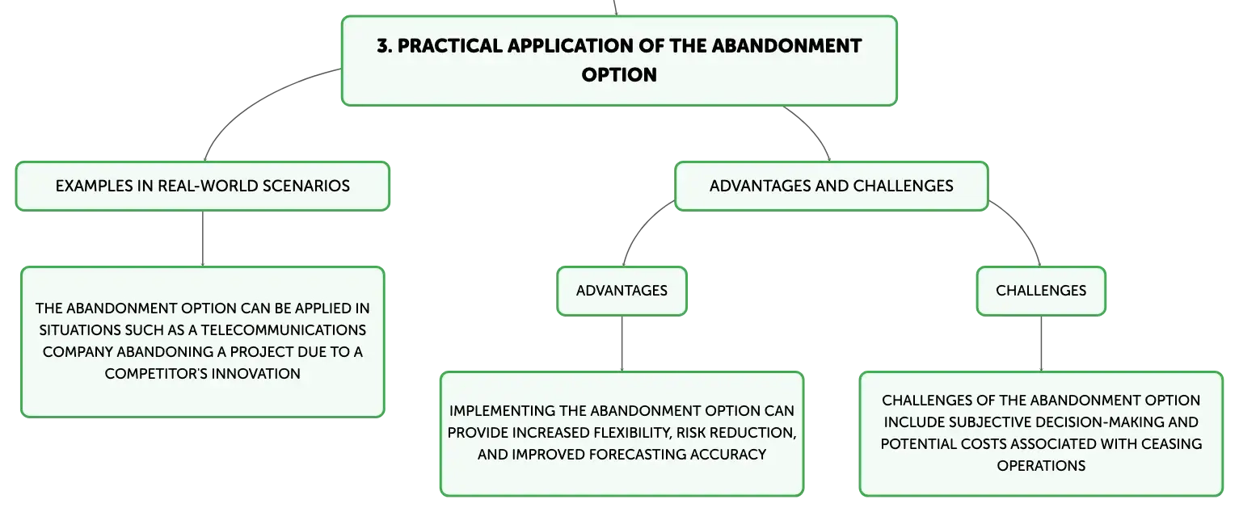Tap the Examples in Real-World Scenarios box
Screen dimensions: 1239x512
click(202, 186)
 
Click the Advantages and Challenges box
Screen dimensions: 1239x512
click(832, 186)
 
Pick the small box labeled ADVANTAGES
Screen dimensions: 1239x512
click(622, 291)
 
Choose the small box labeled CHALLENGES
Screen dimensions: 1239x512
click(1041, 291)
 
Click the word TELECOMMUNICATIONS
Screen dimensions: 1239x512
click(283, 330)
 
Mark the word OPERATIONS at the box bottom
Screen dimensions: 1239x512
click(1041, 466)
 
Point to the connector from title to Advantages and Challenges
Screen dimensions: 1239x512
click(811, 129)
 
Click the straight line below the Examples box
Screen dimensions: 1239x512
click(202, 239)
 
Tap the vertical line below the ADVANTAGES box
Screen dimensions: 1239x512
click(622, 344)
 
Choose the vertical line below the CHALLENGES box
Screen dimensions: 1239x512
click(1041, 344)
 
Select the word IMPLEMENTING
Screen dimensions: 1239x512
click(502, 411)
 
